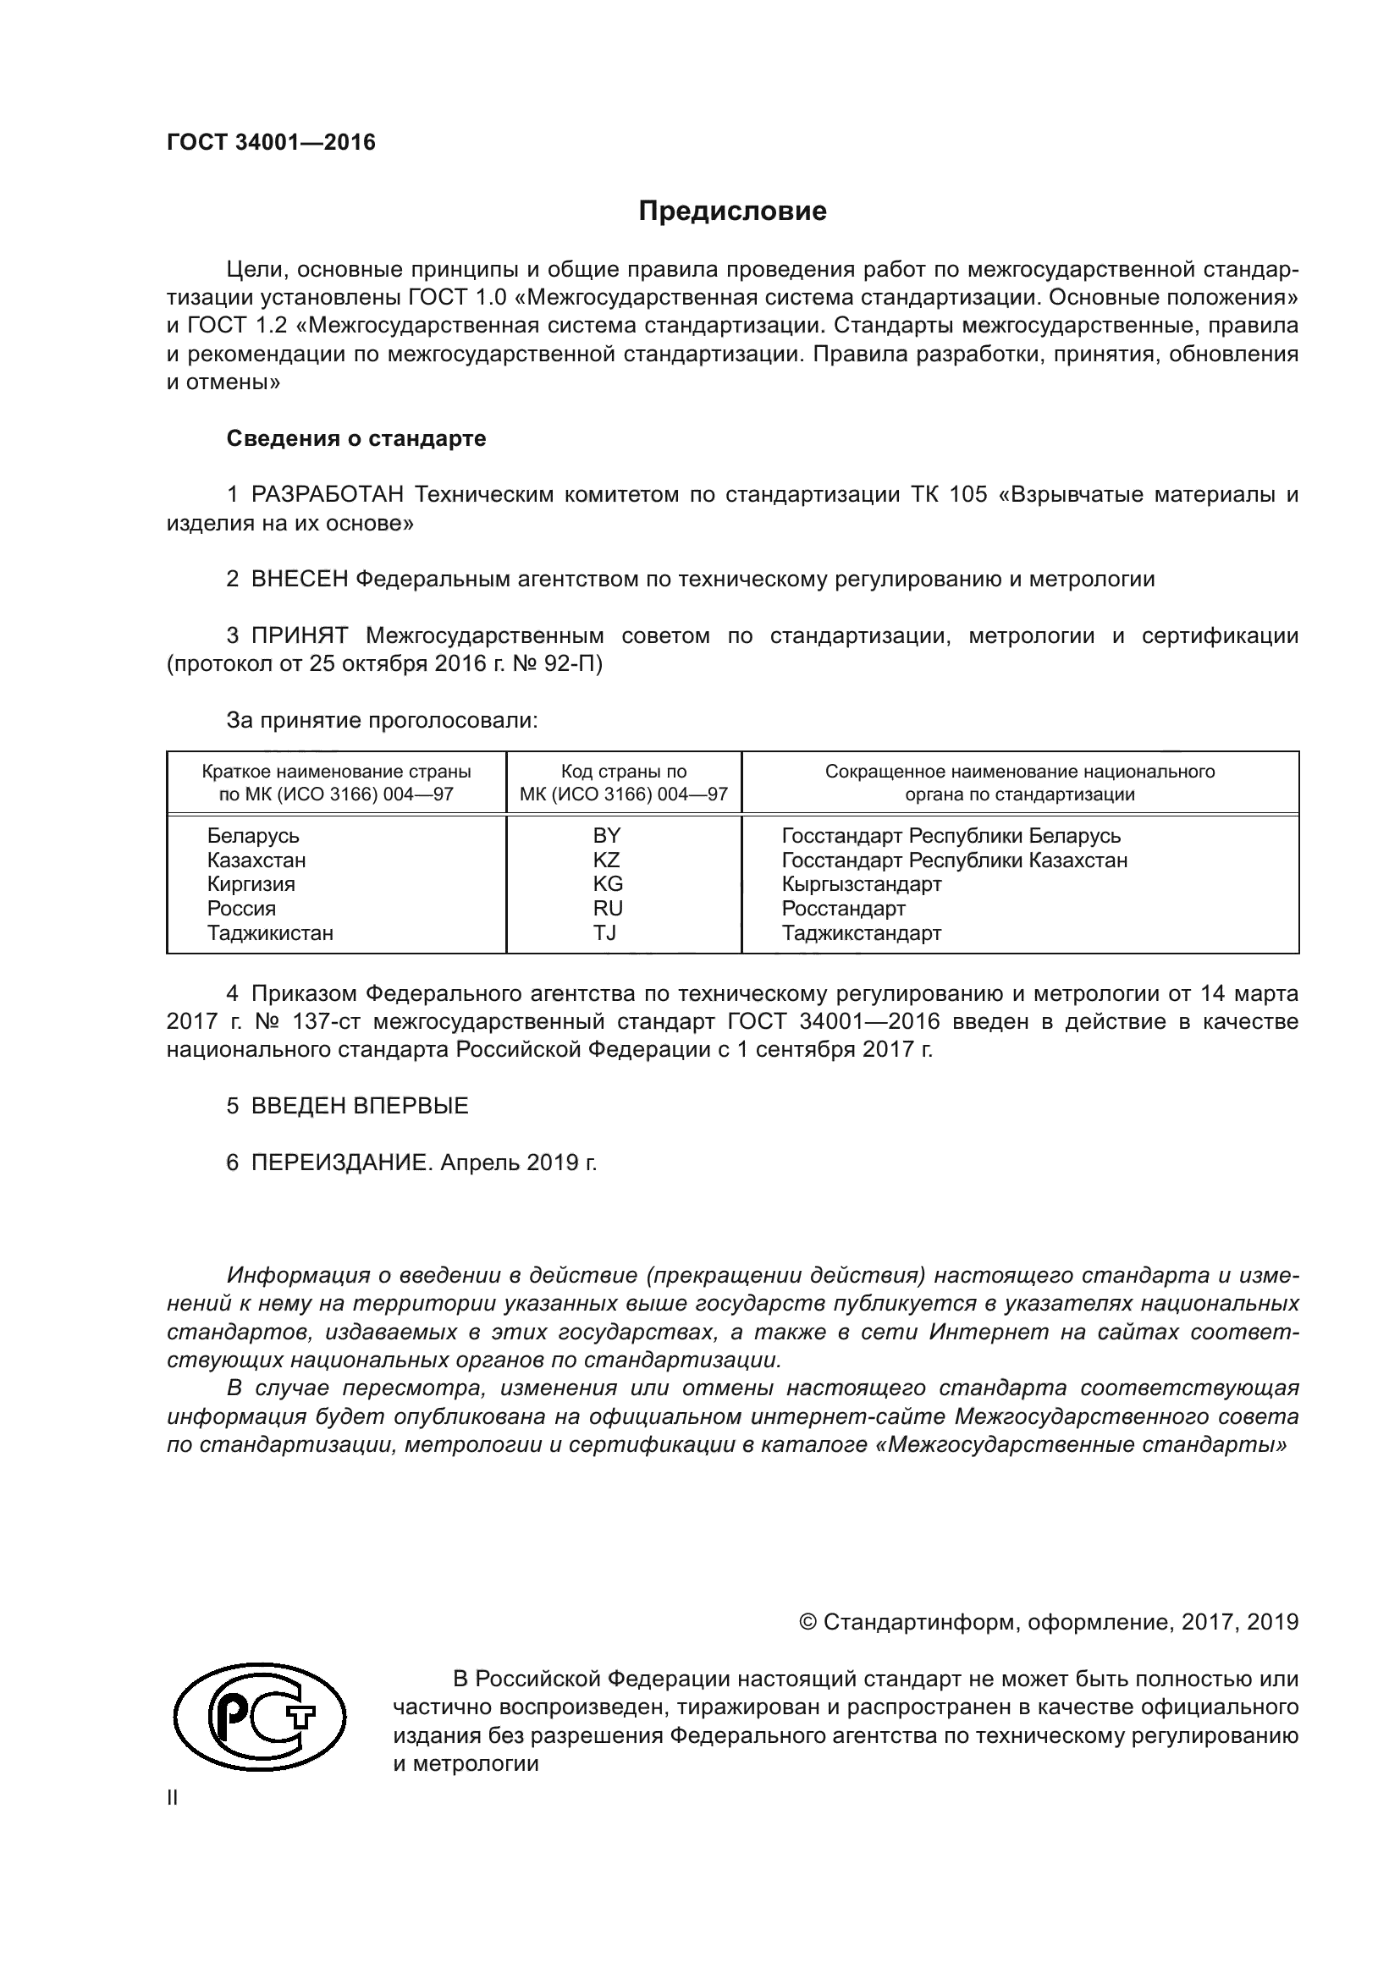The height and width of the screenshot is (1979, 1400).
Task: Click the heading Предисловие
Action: point(732,212)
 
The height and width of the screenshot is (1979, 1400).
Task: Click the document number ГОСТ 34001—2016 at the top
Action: point(271,143)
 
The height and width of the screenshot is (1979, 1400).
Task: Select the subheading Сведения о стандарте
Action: point(356,439)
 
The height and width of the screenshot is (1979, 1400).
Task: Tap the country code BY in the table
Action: point(606,835)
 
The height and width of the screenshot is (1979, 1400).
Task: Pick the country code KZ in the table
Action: point(606,860)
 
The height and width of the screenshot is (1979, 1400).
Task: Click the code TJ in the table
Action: point(604,932)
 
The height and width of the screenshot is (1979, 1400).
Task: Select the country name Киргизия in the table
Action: point(251,883)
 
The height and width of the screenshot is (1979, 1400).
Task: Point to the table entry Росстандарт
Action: point(843,909)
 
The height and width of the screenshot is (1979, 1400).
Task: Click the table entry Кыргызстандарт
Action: point(861,883)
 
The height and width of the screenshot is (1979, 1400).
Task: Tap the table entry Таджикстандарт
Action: point(861,932)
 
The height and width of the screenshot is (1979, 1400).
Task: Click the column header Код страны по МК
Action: point(623,783)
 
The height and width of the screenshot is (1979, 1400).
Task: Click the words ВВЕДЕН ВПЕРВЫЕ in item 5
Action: point(360,1106)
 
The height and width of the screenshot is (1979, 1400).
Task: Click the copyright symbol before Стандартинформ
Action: point(807,1622)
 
